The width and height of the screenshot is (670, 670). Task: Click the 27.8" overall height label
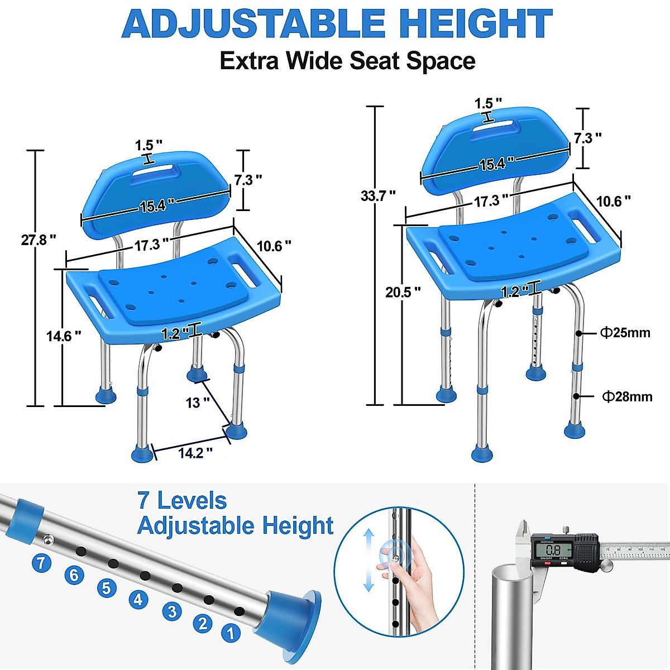pyautogui.click(x=39, y=240)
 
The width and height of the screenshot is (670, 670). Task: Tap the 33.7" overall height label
pyautogui.click(x=378, y=196)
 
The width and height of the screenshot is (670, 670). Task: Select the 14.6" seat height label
pyautogui.click(x=64, y=336)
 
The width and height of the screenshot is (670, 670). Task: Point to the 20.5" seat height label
pyautogui.click(x=403, y=292)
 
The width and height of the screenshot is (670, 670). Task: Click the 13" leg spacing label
pyautogui.click(x=198, y=403)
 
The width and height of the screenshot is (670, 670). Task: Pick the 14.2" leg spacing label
pyautogui.click(x=195, y=453)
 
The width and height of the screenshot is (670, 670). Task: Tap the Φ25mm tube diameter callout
pyautogui.click(x=625, y=333)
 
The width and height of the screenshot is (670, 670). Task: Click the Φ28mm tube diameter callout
pyautogui.click(x=627, y=397)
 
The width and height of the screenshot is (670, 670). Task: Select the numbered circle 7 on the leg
pyautogui.click(x=41, y=562)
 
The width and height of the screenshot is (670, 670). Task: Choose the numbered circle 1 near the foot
pyautogui.click(x=231, y=633)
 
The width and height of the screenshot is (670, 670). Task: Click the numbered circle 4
pyautogui.click(x=138, y=600)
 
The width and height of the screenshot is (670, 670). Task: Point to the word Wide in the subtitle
pyautogui.click(x=315, y=61)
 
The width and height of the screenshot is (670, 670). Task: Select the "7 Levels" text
pyautogui.click(x=182, y=501)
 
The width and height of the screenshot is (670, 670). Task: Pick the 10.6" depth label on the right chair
pyautogui.click(x=612, y=202)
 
